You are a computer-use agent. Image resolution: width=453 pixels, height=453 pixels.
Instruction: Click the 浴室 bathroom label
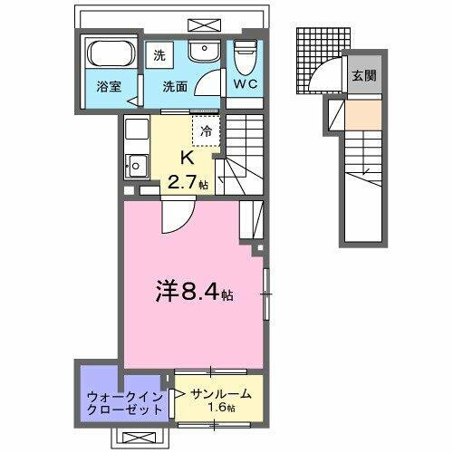pos(111,88)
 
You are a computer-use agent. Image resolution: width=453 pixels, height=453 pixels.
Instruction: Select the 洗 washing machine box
pos(159,54)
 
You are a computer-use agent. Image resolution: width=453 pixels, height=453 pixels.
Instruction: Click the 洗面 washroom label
pos(174,88)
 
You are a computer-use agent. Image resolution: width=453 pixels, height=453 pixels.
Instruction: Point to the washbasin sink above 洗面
pos(205,53)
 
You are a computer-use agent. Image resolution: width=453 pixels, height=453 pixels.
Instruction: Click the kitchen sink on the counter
pos(137,166)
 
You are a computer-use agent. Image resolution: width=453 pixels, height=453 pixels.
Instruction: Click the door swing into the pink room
pos(177,217)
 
